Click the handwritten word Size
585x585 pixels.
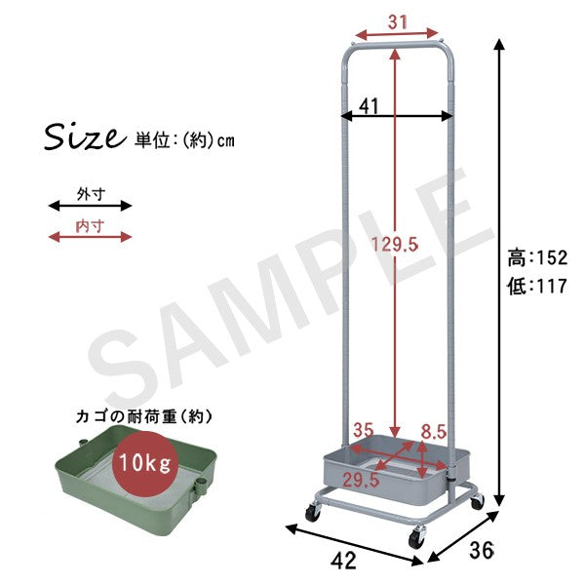85,136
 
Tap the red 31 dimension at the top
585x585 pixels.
397,22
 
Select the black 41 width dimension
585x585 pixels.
369,106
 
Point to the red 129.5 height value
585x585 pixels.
395,245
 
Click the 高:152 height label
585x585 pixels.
537,257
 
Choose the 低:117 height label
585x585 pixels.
537,286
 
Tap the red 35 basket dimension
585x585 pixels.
363,430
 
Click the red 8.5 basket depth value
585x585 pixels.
434,432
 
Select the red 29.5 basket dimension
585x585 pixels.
361,480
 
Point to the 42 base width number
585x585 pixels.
343,561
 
